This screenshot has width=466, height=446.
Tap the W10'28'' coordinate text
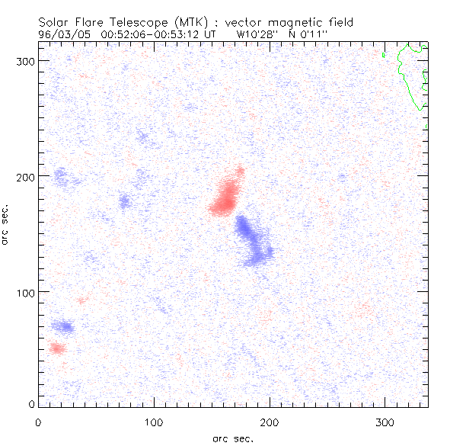tap(257, 34)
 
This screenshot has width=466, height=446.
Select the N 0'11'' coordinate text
tap(311, 34)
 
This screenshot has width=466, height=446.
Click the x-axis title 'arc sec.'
tap(232, 438)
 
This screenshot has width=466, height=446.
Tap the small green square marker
tap(384, 55)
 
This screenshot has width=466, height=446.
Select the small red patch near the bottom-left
tap(56, 348)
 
